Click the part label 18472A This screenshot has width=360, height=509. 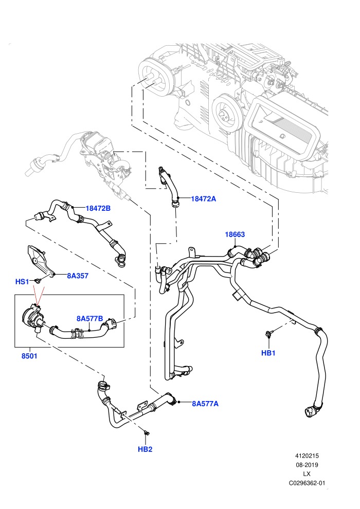[203, 198]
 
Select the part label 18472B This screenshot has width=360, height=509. [98, 208]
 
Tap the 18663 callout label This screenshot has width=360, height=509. [235, 234]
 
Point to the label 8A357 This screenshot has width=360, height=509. [78, 276]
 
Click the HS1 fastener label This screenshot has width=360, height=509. [23, 281]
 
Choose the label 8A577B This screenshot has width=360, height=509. [89, 318]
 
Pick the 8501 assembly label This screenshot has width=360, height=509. [29, 356]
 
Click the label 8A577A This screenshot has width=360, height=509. [205, 404]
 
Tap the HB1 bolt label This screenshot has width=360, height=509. [268, 353]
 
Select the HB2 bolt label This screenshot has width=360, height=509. [145, 449]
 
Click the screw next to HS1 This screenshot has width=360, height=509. [38, 281]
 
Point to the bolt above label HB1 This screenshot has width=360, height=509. [268, 333]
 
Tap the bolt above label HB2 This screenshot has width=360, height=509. [147, 432]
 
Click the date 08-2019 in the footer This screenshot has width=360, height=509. [307, 465]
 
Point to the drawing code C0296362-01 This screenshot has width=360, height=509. [307, 483]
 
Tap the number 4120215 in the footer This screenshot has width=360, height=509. [307, 456]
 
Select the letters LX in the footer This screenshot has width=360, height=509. [307, 474]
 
